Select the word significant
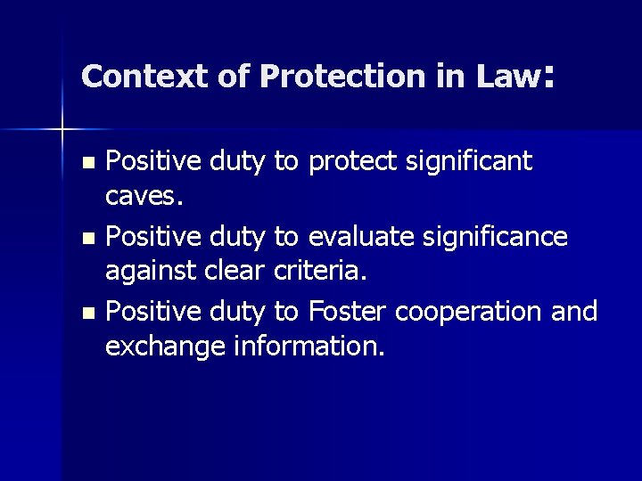point(469,161)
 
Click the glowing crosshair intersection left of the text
point(62,129)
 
